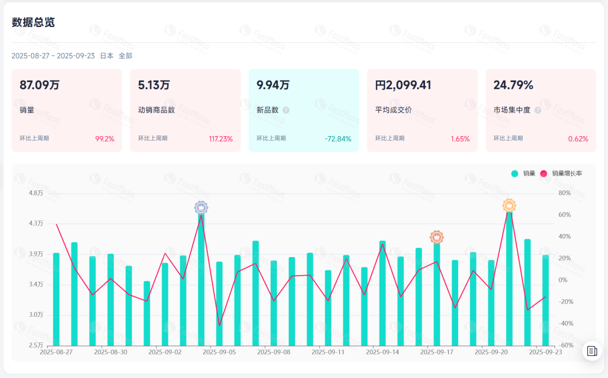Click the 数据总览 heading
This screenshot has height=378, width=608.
tap(33, 22)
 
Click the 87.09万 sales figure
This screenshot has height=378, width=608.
tap(39, 85)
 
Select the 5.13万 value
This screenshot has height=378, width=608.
tap(154, 85)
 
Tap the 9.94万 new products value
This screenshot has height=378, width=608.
tap(273, 85)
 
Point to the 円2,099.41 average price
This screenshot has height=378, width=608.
tap(403, 85)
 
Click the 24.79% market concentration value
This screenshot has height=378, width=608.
tap(513, 85)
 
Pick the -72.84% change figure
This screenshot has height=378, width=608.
tap(338, 139)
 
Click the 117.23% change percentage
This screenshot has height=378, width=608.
tap(221, 139)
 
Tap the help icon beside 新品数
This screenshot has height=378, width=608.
tap(286, 110)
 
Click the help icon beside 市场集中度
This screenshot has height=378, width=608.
tap(538, 110)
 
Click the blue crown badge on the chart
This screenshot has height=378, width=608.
tap(201, 208)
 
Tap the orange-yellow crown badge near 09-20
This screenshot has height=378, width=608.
tap(509, 206)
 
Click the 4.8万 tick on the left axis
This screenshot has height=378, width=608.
tap(35, 193)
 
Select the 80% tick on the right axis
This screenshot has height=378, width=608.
tap(564, 193)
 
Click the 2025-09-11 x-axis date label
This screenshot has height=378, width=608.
tap(328, 352)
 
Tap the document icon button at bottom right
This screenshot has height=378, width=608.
tap(592, 351)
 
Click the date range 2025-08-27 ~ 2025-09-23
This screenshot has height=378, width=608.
tap(53, 56)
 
